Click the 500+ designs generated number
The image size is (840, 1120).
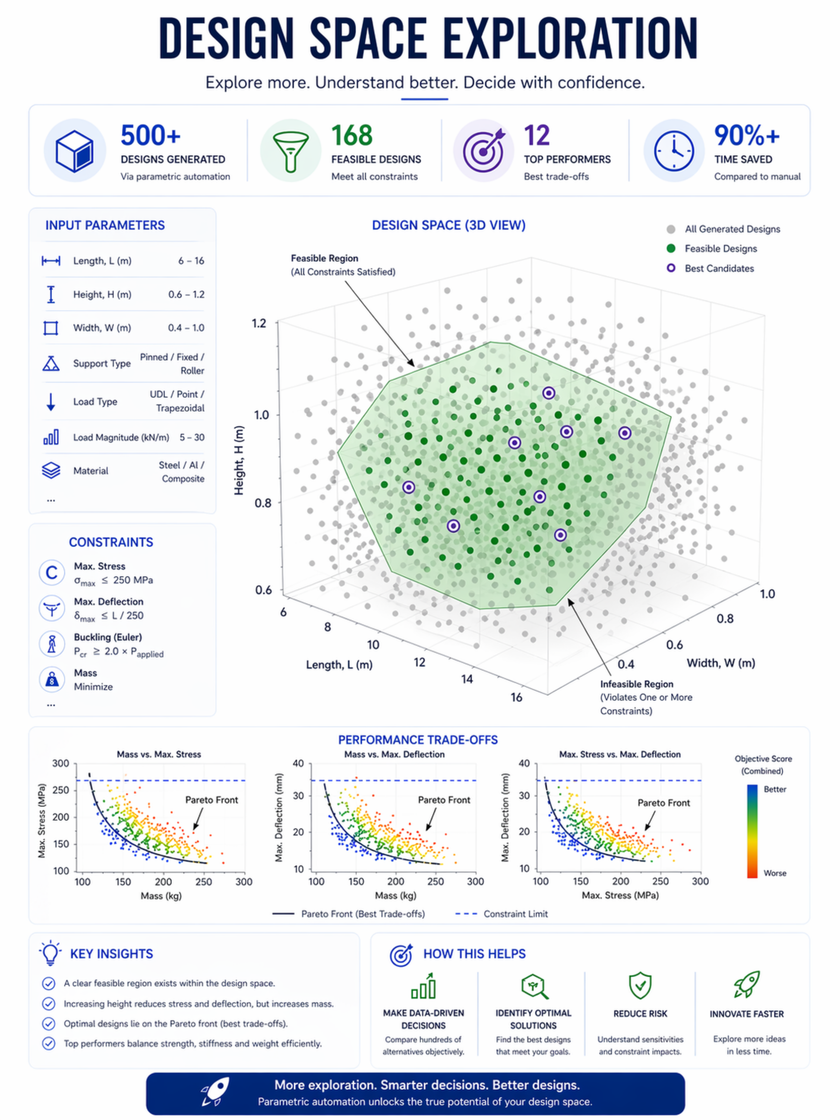(151, 136)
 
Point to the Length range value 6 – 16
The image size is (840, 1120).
(191, 261)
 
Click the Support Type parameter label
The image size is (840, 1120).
(102, 363)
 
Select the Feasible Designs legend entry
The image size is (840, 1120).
(712, 249)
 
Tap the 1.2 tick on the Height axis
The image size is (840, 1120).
(259, 323)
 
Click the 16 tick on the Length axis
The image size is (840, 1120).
(516, 697)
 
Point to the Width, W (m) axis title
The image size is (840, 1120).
(720, 663)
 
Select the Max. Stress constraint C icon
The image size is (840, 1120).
(52, 573)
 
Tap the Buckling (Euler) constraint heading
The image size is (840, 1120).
(108, 637)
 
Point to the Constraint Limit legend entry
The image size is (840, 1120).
(501, 914)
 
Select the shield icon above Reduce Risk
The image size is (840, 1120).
(640, 985)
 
